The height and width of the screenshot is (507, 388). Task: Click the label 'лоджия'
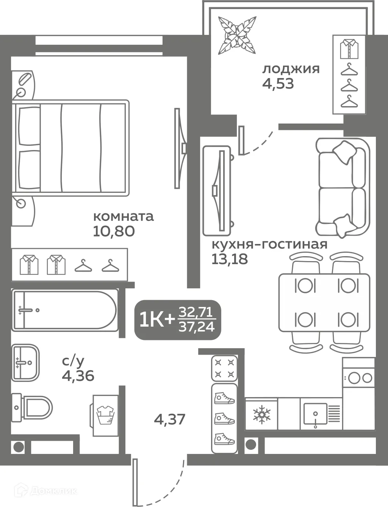point(291,69)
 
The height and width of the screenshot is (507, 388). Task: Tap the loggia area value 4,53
point(278,84)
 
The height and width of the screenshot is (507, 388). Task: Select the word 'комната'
point(123,216)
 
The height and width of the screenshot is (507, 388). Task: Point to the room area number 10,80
point(114,231)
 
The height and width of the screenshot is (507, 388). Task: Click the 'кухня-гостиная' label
point(269,244)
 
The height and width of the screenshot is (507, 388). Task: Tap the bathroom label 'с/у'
point(73,361)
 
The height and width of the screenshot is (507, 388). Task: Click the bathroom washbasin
point(25,363)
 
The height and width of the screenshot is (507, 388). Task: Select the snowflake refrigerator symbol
point(261,414)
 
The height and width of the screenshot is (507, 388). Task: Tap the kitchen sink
point(315,413)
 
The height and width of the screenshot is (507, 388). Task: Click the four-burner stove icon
point(224,368)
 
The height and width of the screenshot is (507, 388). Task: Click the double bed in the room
point(70,148)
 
